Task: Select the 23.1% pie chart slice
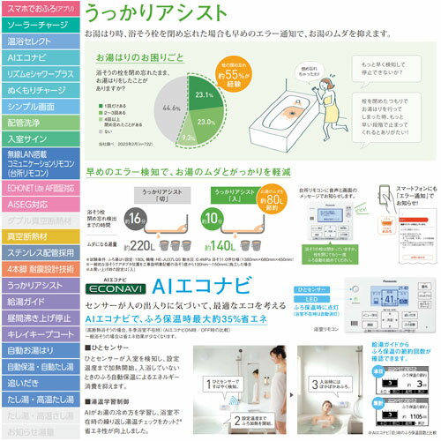(x=203, y=93)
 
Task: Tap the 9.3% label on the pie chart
(x=188, y=138)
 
